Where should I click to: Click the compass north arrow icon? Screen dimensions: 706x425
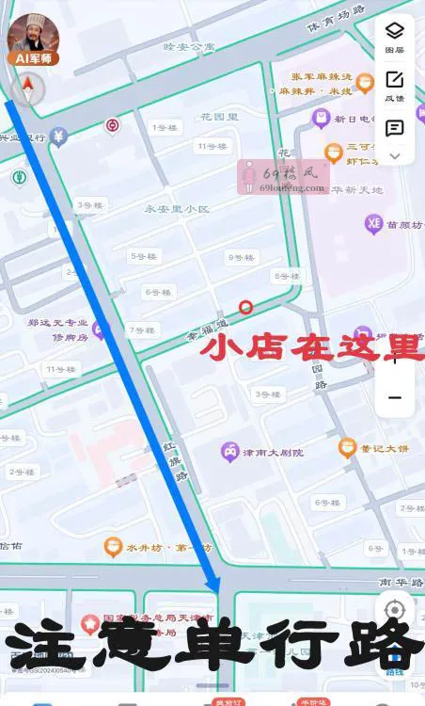coord(28,89)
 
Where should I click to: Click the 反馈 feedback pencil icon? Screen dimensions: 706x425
coord(395,80)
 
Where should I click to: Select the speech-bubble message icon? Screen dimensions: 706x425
coord(395,128)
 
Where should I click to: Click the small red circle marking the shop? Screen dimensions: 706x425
coord(246,306)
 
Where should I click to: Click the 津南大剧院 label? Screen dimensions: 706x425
coord(274,453)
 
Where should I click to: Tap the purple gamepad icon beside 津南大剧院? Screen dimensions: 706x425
coord(229,453)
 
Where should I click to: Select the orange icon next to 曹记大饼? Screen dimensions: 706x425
coord(348,448)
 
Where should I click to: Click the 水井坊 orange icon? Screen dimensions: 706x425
coord(113,547)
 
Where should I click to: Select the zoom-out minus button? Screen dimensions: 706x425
coord(395,397)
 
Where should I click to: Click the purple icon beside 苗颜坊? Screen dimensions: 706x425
coord(373,224)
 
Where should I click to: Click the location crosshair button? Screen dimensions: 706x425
coord(395,610)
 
